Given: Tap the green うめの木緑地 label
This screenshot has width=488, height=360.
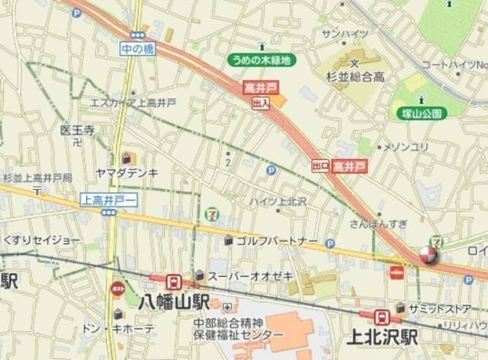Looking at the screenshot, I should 262,59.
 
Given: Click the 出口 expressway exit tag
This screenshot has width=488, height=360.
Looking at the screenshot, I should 320,165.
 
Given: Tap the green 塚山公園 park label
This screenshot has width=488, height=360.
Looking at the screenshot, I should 420,113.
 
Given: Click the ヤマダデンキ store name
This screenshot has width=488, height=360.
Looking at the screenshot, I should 127,173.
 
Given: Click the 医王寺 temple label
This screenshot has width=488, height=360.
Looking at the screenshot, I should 76,130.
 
